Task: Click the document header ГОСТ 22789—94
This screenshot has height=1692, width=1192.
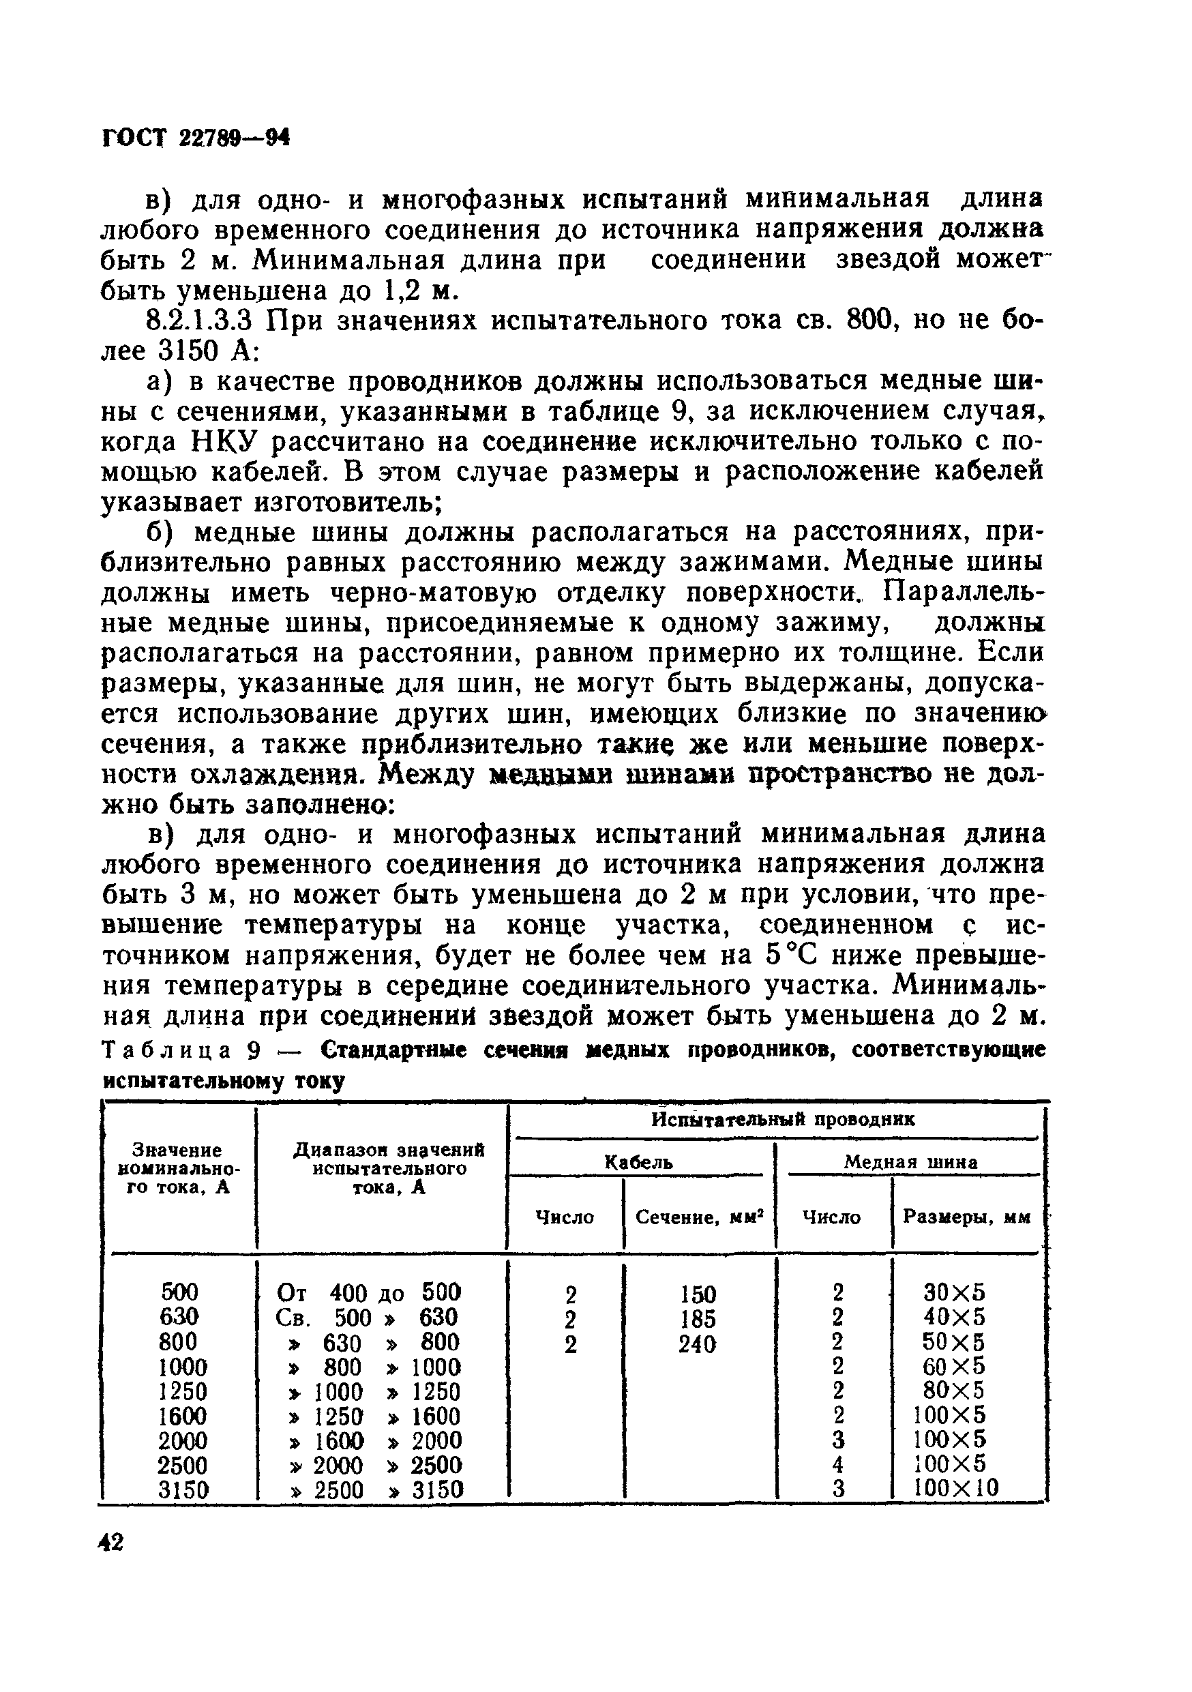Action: point(194,137)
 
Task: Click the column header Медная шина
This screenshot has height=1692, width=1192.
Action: point(910,1162)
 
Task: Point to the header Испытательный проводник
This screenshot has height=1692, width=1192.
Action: point(782,1119)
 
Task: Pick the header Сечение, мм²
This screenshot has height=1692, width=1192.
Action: point(699,1217)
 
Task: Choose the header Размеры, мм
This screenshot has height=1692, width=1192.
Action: point(966,1217)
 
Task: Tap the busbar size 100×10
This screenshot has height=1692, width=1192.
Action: point(955,1488)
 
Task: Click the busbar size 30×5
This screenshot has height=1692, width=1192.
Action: point(955,1293)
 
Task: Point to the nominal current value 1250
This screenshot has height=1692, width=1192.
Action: point(183,1391)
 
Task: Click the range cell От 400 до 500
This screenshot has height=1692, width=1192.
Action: point(368,1292)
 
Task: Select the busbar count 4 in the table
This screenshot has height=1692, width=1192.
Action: point(837,1464)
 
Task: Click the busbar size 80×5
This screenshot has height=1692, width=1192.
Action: point(955,1390)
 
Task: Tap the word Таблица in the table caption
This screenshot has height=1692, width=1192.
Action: point(168,1050)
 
